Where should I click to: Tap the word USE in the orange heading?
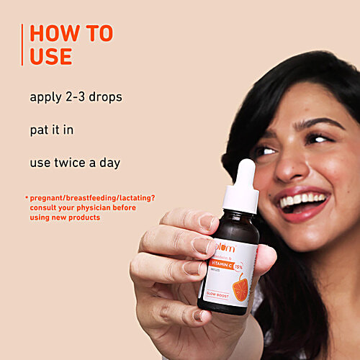(x=51, y=56)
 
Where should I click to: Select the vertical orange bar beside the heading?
(x=23, y=45)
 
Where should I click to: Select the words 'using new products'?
(x=66, y=217)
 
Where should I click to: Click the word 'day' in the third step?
(x=110, y=163)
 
